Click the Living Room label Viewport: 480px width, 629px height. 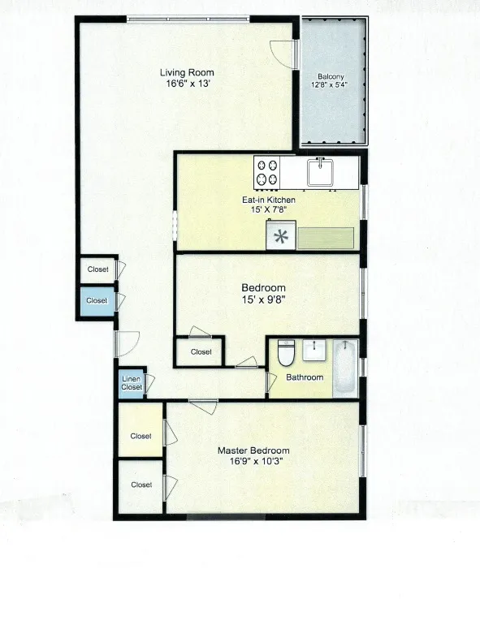(186, 72)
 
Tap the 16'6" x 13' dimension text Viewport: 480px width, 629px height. (186, 83)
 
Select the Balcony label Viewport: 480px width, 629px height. (331, 77)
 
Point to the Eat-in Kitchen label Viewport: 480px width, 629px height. (269, 199)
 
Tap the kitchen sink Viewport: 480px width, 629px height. (322, 171)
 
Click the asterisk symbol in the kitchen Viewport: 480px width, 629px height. (281, 237)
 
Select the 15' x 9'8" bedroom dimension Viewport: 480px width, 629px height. (263, 299)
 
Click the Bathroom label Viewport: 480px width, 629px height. (304, 377)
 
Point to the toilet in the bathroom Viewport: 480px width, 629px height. (285, 353)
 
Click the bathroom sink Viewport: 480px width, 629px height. (314, 351)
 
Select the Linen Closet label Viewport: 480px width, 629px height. (132, 383)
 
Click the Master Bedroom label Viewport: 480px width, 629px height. (253, 450)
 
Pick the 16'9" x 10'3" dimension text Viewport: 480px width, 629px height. (253, 461)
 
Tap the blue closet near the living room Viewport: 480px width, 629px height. (97, 300)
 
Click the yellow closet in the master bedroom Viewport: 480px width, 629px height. (141, 436)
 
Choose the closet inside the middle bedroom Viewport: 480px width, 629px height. (201, 351)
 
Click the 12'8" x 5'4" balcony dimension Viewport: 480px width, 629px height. (331, 86)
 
